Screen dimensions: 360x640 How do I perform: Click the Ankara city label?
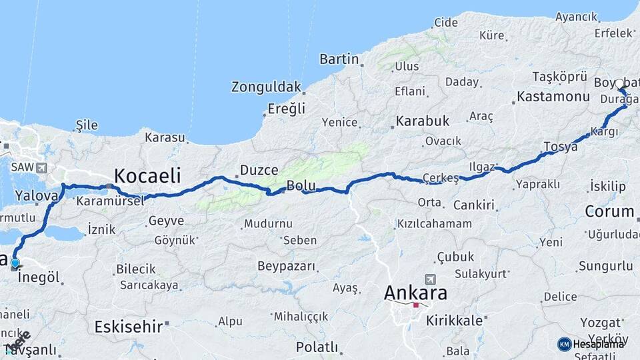[415, 293]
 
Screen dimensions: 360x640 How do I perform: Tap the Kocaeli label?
[147, 176]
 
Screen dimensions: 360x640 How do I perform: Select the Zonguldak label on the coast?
[265, 87]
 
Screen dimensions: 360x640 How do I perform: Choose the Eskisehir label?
[128, 327]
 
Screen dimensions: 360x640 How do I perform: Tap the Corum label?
[609, 212]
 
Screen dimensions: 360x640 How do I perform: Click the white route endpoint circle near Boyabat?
[619, 84]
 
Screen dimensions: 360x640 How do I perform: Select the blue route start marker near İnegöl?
[15, 263]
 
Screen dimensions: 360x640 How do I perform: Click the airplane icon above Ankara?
[430, 279]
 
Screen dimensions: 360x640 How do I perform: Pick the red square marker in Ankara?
[416, 305]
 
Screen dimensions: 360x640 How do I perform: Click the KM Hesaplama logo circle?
[564, 344]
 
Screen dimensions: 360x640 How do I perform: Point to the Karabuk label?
[422, 121]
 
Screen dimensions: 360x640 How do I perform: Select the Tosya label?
[560, 147]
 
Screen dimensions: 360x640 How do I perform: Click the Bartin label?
[339, 59]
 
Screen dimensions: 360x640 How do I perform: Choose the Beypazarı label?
[286, 266]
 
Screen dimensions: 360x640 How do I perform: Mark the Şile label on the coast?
[87, 125]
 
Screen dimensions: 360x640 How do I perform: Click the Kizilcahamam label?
[434, 224]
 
